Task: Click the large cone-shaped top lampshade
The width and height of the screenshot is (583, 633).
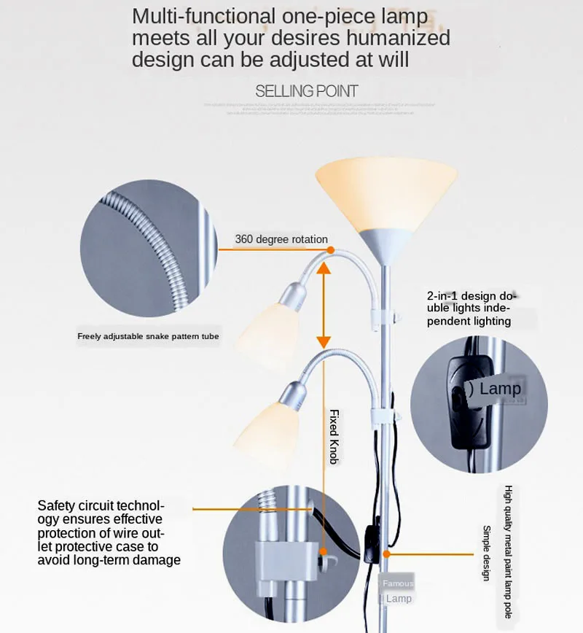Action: pyautogui.click(x=386, y=197)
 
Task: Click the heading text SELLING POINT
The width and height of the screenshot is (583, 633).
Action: pyautogui.click(x=307, y=91)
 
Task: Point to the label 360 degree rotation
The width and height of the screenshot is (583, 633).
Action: pyautogui.click(x=281, y=239)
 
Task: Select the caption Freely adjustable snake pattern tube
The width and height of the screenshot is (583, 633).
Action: pyautogui.click(x=149, y=336)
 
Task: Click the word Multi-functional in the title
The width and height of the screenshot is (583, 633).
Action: pyautogui.click(x=205, y=16)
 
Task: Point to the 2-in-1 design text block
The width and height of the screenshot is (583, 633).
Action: pyautogui.click(x=471, y=308)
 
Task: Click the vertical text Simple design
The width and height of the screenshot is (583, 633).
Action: pyautogui.click(x=487, y=553)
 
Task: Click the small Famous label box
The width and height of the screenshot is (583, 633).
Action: pyautogui.click(x=398, y=583)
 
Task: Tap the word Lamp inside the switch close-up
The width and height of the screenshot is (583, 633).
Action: pyautogui.click(x=500, y=389)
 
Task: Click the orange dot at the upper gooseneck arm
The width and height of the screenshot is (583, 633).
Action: pyautogui.click(x=330, y=250)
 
